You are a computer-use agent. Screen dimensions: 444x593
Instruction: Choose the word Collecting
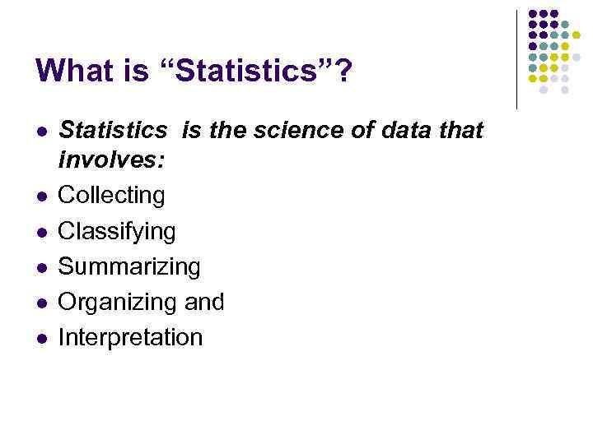[112, 196]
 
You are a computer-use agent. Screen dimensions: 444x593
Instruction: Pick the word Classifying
[117, 232]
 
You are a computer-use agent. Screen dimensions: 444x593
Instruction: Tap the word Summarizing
[129, 267]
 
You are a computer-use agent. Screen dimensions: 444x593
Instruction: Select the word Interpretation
[130, 338]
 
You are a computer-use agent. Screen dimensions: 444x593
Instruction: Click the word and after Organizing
[204, 303]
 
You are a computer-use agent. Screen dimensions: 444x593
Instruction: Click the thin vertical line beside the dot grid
[516, 59]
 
